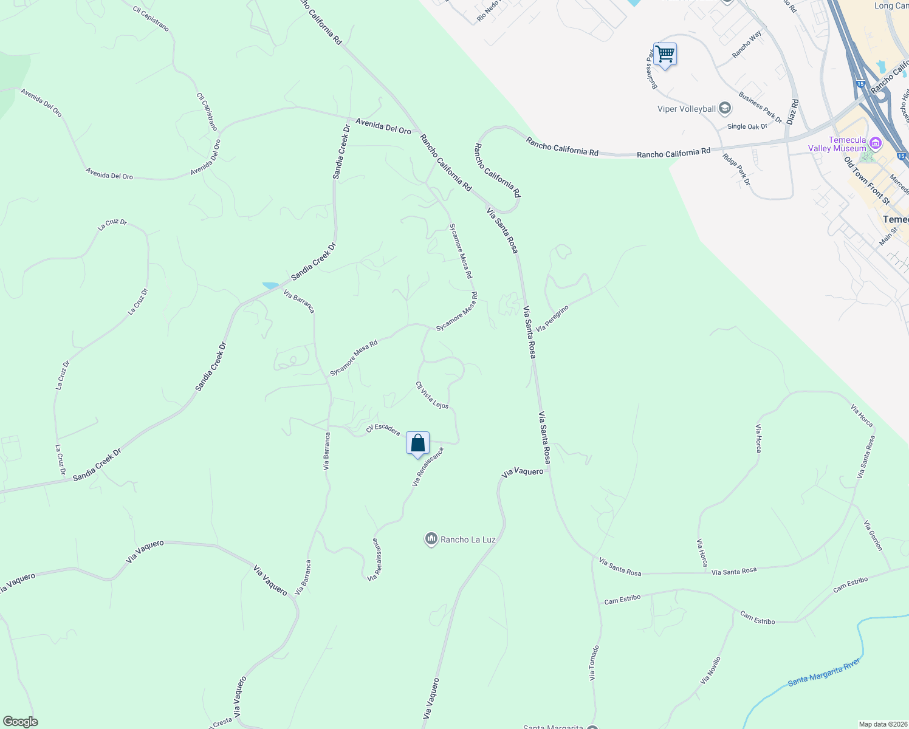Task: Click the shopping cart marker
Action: tap(665, 55)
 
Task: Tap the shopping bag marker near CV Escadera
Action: tap(417, 443)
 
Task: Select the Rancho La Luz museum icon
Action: tap(431, 539)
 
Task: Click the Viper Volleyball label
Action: tap(687, 109)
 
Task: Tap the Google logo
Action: tap(20, 722)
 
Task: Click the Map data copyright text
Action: tap(882, 724)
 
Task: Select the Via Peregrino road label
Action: tap(552, 318)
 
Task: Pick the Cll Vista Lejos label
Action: tap(432, 395)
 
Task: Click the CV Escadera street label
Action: tap(383, 429)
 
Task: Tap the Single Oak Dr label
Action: tap(747, 126)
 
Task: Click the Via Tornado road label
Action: tap(594, 662)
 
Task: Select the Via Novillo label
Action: tap(710, 671)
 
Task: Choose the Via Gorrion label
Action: tap(873, 536)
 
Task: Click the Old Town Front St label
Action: tap(867, 180)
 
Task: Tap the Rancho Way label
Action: tap(747, 45)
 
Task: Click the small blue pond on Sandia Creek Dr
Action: tap(270, 285)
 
